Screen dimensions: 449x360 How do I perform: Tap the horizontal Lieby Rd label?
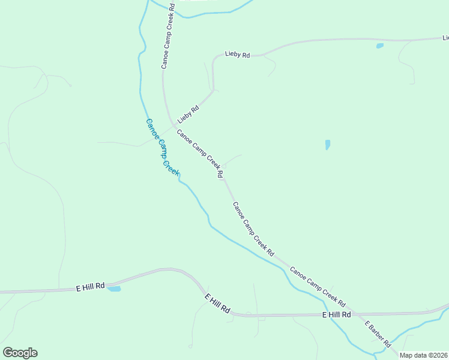pos(237,54)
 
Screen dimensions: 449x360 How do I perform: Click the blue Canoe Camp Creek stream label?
pos(162,147)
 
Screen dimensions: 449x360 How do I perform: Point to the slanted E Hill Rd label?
pos(217,304)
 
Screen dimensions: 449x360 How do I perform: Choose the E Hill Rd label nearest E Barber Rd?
pos(336,314)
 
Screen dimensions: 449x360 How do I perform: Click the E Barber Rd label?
pos(378,334)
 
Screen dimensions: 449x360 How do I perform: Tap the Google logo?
pos(20,353)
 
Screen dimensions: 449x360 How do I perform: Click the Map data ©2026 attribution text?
pos(424,355)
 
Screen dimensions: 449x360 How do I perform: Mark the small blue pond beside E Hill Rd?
pos(113,289)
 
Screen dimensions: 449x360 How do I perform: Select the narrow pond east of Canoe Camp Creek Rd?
pos(327,145)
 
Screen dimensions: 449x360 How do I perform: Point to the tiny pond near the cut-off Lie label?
pos(379,46)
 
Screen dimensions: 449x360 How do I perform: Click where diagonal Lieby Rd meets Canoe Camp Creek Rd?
pos(174,127)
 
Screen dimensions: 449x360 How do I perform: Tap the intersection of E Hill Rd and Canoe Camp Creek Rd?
pos(355,313)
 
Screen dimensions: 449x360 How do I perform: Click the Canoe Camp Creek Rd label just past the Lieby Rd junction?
pos(200,153)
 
